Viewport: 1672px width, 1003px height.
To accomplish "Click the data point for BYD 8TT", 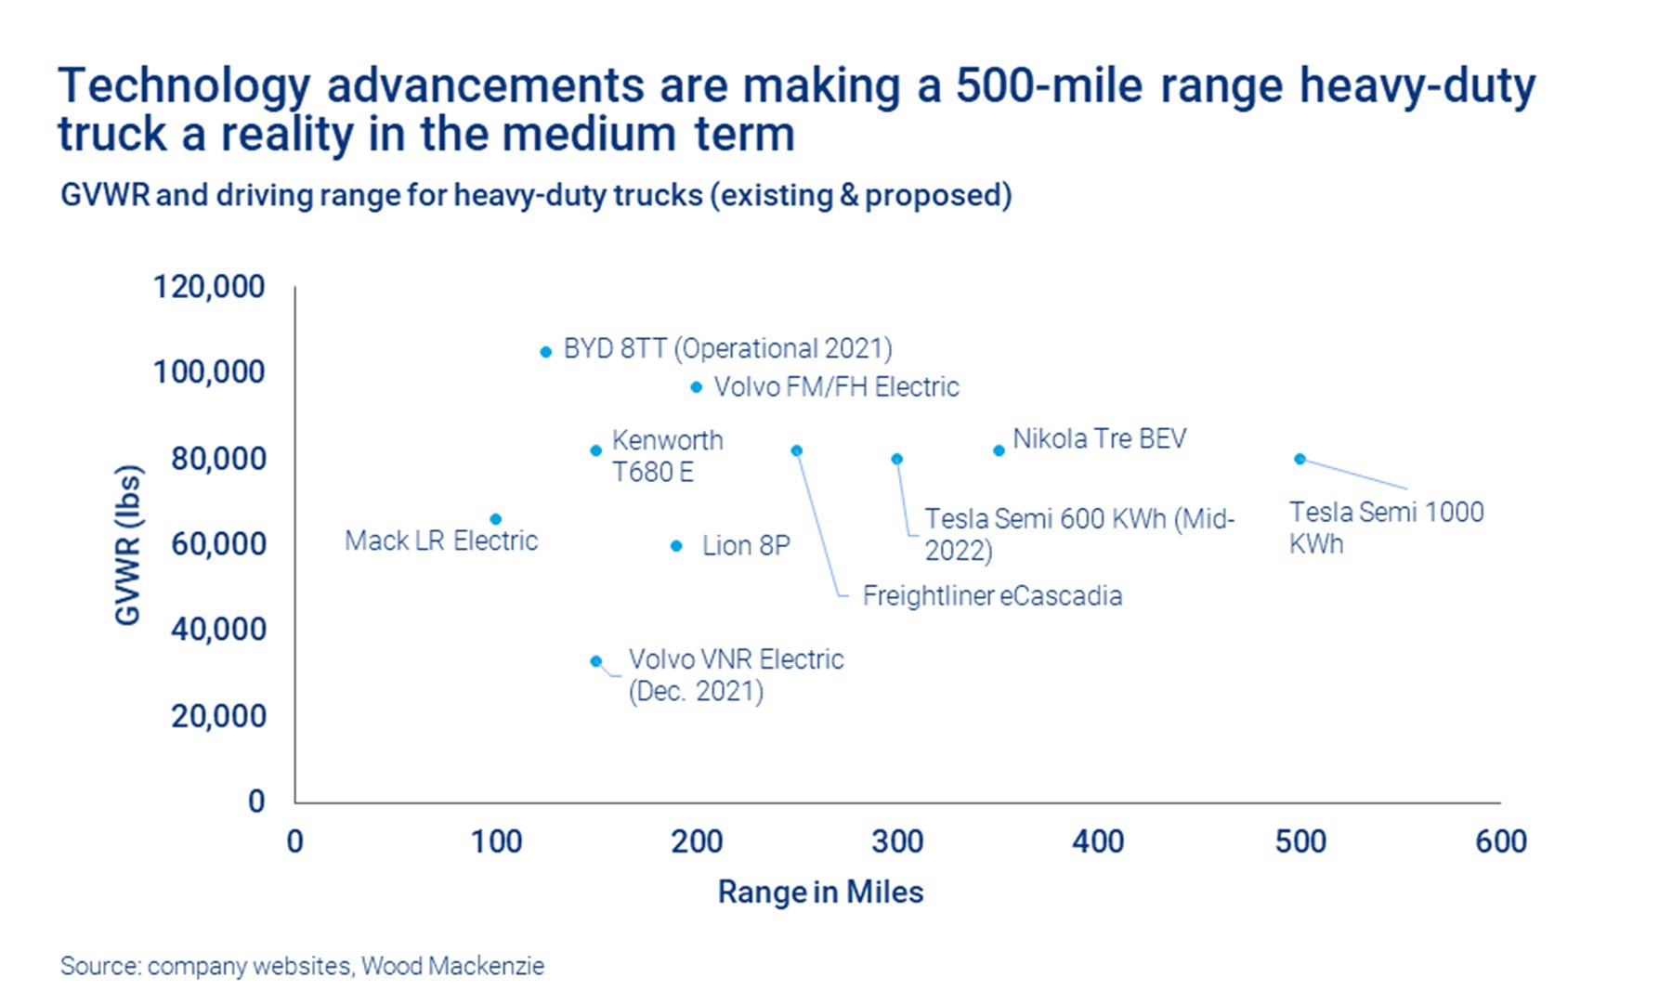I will click(545, 352).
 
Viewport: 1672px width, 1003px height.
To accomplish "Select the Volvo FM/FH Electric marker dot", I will click(696, 386).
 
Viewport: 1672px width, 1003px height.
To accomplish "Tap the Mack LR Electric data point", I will click(495, 519).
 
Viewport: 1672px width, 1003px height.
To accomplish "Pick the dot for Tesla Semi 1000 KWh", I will click(1300, 459).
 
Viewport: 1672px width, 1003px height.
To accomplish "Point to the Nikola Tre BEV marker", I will click(999, 450).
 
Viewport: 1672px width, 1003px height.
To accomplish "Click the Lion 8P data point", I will click(676, 546).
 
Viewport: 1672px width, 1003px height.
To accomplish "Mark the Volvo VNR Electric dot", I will click(595, 661).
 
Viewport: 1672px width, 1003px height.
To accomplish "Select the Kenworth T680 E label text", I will click(666, 456).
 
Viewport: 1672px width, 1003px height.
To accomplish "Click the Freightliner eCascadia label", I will click(992, 595).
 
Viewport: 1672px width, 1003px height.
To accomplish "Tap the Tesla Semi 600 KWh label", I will click(1078, 533).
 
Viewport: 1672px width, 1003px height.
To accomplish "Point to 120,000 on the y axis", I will click(209, 286).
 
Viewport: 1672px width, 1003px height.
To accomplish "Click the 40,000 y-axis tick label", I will click(218, 629).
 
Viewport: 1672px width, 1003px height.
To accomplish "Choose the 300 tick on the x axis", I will click(897, 841).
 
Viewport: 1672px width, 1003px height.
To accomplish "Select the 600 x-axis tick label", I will click(1500, 841).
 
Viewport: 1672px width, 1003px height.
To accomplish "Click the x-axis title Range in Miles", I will click(820, 892).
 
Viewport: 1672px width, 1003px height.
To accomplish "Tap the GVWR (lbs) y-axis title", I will click(127, 544).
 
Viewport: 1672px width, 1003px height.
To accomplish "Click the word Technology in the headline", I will click(183, 86).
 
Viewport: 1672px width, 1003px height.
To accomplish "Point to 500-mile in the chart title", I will click(1049, 86).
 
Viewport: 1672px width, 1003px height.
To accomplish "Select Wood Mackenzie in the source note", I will click(452, 966).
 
